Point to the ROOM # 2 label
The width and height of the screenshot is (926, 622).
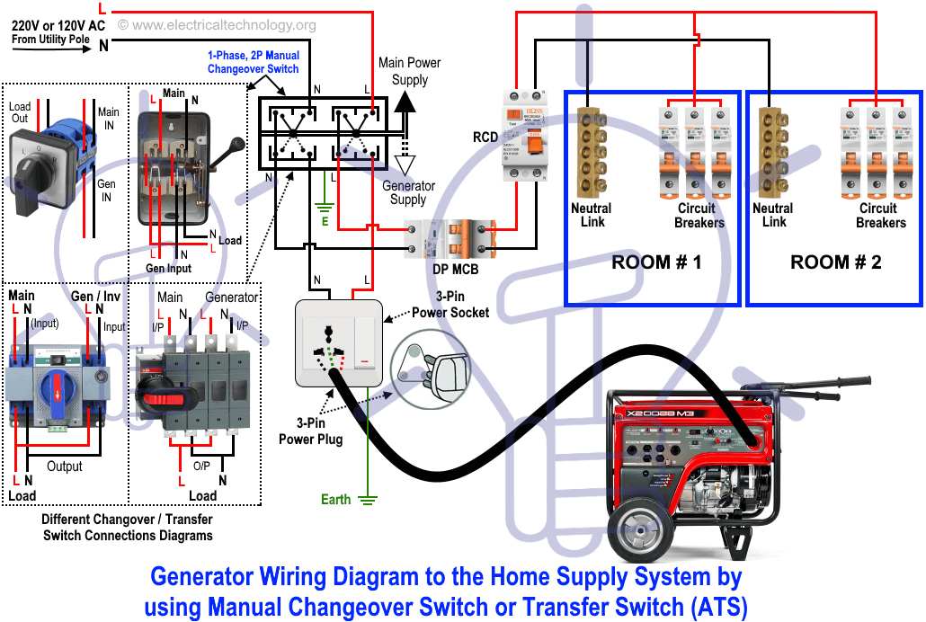point(836,262)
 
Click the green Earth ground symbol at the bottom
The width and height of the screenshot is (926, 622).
point(367,500)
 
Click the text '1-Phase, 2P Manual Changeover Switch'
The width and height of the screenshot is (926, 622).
point(253,62)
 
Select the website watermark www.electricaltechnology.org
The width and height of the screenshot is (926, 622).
point(218,25)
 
